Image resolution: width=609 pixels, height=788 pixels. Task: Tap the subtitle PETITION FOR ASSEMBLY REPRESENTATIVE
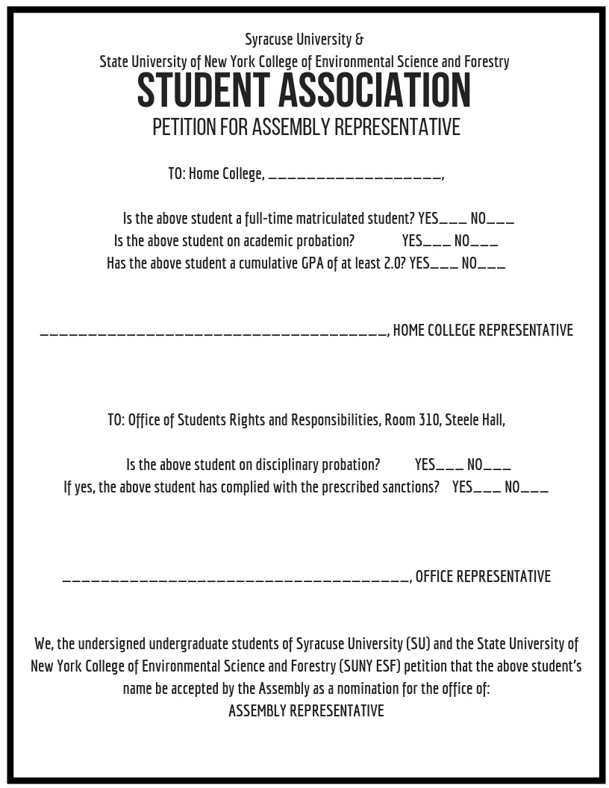pos(306,128)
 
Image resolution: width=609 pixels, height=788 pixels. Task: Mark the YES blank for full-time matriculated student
pos(453,222)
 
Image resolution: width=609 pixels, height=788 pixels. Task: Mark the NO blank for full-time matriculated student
pos(501,222)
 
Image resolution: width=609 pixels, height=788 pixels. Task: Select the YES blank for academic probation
pos(437,244)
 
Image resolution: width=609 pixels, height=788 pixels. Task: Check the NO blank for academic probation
pos(484,244)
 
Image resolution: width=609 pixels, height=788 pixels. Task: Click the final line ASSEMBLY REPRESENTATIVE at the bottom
pos(306,710)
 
